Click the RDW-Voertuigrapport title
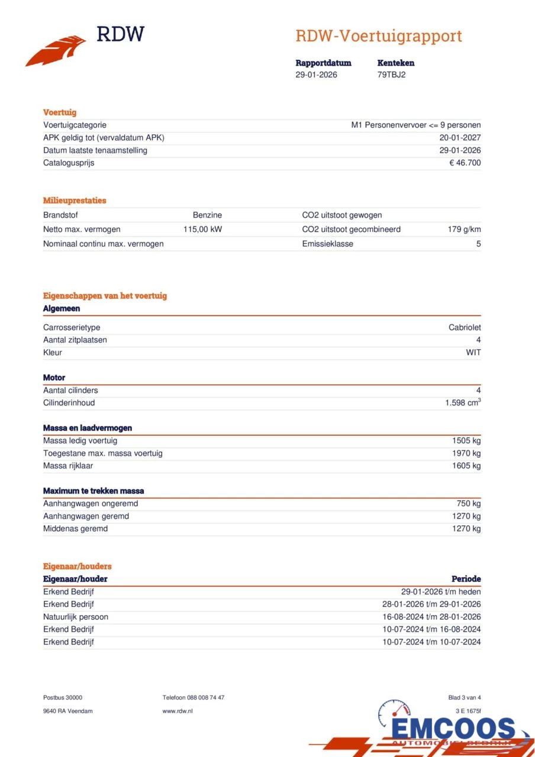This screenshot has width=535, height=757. coord(378,36)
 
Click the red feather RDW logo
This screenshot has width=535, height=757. coord(56,51)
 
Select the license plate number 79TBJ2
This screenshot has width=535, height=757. coord(391,75)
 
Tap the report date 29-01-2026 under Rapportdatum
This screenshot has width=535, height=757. coord(316,75)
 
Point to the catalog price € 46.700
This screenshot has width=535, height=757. coord(465,163)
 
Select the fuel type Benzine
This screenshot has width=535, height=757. coord(207,215)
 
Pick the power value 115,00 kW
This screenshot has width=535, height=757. coord(202,229)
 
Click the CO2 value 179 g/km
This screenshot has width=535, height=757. coord(464,229)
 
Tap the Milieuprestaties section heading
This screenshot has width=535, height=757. coord(75,200)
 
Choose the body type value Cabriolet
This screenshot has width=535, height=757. coord(465,328)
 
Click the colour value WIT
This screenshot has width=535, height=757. coord(473,352)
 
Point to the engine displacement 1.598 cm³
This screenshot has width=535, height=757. coord(463,403)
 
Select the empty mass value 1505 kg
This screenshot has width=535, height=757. coord(466,441)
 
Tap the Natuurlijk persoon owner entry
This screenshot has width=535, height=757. coord(76,617)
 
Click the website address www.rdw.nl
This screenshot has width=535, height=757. coord(178,711)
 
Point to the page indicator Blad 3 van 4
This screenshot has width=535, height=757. coord(465,698)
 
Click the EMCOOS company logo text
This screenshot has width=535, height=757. coord(453,729)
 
